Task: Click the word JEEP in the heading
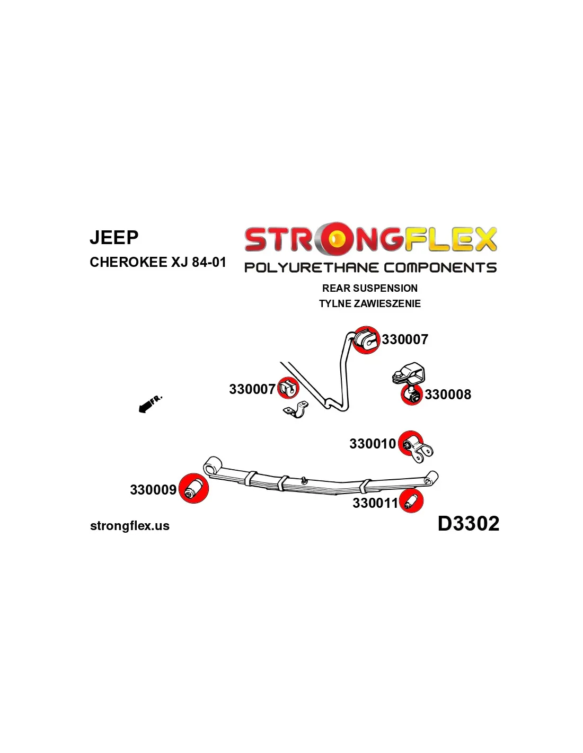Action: point(114,237)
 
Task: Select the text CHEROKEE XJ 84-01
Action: point(158,262)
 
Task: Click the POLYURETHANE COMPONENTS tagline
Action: point(370,267)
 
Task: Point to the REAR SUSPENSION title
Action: point(370,288)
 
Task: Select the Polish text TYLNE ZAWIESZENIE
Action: point(370,303)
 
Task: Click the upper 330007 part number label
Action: point(405,339)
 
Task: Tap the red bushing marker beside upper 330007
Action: point(366,340)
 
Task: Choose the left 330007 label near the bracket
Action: point(252,389)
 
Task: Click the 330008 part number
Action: point(448,395)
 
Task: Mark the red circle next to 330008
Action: point(411,395)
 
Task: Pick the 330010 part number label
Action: point(373,444)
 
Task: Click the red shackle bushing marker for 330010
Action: point(411,444)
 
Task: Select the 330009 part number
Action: point(153,490)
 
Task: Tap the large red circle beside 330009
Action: point(193,488)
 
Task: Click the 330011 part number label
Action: point(375,503)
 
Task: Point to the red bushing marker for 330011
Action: point(411,501)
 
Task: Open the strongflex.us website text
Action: point(130,526)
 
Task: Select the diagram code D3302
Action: point(469,524)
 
